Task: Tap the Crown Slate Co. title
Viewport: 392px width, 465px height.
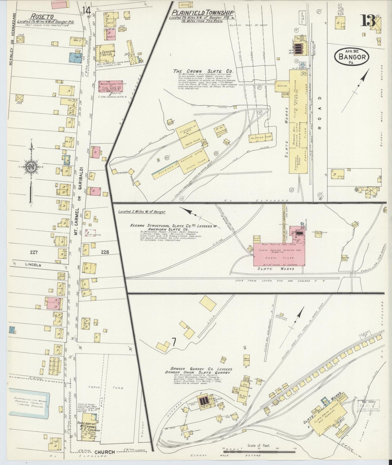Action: pyautogui.click(x=204, y=72)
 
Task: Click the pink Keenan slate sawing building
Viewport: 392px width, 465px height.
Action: pyautogui.click(x=279, y=255)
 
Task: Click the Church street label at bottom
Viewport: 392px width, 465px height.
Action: pyautogui.click(x=104, y=452)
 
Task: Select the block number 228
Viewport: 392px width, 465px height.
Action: pyautogui.click(x=104, y=252)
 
